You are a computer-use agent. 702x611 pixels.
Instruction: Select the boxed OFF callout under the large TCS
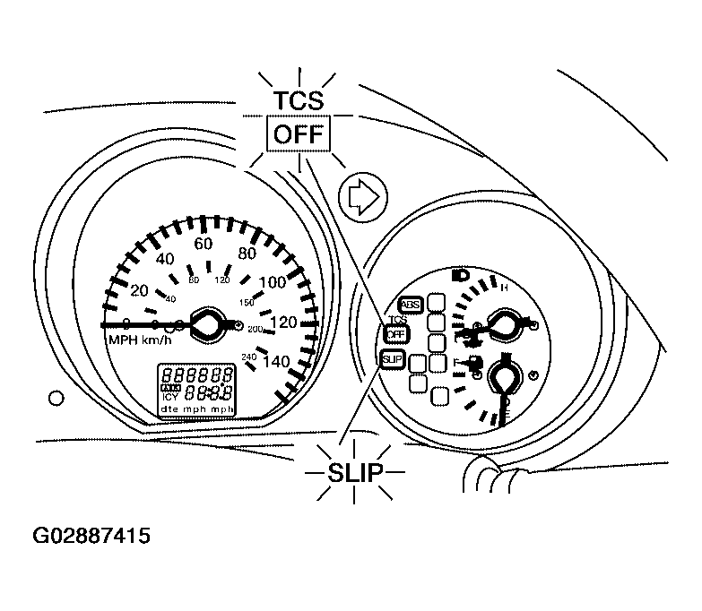(299, 136)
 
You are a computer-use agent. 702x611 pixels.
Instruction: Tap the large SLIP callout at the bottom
(354, 472)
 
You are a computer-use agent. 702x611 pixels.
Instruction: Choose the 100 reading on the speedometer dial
(271, 283)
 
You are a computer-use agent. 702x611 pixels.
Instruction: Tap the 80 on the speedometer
(247, 253)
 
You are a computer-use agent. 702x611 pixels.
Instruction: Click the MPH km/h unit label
(142, 340)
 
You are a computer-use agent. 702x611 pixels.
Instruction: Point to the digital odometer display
(197, 388)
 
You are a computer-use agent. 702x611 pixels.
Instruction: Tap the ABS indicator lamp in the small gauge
(411, 304)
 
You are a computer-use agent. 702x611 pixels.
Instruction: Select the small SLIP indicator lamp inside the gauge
(392, 359)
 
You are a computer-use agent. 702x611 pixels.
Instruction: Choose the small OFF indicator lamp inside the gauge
(394, 333)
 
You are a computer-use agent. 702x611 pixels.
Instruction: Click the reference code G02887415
(91, 537)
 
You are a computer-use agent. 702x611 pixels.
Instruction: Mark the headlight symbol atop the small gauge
(462, 275)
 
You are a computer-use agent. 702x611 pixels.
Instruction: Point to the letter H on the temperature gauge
(504, 288)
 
